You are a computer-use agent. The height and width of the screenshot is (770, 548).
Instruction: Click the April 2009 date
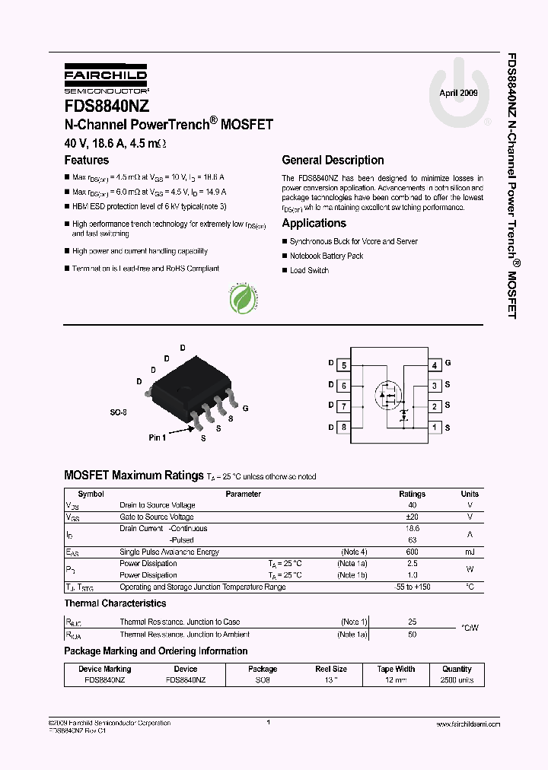pos(459,93)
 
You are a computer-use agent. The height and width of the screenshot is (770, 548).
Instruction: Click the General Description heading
pos(333,161)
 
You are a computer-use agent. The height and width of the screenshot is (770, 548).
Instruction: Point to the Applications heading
pos(314,224)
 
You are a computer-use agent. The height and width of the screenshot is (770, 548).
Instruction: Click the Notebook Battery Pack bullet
pos(327,256)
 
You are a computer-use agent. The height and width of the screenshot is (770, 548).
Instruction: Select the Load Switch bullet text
pos(309,271)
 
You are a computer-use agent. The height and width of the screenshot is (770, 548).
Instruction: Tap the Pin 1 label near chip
pos(157,437)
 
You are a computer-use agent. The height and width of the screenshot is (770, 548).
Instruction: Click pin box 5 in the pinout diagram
pos(344,365)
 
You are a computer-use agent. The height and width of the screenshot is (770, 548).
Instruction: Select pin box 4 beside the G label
pos(435,365)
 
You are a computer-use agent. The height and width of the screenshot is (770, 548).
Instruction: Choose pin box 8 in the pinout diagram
pos(344,427)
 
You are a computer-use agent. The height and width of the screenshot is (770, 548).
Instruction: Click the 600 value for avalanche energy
pos(413,552)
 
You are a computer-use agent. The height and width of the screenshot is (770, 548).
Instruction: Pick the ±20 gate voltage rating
pos(413,517)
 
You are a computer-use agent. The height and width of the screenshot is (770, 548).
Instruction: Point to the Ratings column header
pos(413,494)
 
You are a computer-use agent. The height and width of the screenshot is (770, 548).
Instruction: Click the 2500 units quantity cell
pos(457,680)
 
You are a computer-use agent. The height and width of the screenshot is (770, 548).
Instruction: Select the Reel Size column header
pos(331,669)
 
